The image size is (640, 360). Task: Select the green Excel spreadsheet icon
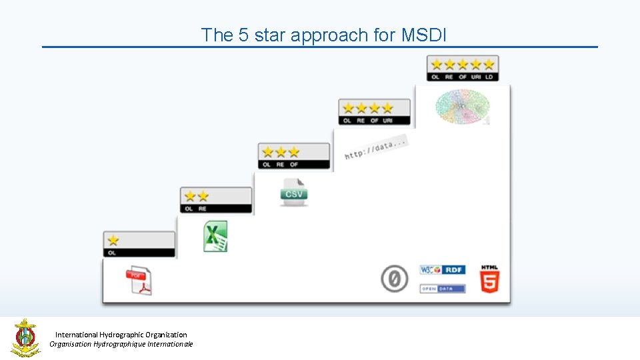pos(215,237)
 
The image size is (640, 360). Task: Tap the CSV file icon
pos(294,192)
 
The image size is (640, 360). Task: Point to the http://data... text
pos(375,148)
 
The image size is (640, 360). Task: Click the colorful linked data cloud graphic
pos(463,106)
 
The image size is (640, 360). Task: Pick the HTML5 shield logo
pos(490,279)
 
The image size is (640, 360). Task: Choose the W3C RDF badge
pos(442,270)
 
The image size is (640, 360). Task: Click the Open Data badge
pos(442,289)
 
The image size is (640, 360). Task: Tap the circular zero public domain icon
pos(394,279)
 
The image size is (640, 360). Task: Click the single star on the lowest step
pos(113,240)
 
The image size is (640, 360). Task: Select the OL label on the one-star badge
pos(112,253)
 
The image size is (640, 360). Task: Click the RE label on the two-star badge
pos(203,209)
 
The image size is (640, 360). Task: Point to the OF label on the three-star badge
pos(294,164)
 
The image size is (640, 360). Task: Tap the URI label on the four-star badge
pos(387,121)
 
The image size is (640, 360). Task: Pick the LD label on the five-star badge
pos(489,77)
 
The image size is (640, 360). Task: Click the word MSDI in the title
pos(424,35)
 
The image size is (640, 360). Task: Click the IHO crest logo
pos(25,337)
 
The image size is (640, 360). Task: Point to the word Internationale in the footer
pos(167,344)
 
